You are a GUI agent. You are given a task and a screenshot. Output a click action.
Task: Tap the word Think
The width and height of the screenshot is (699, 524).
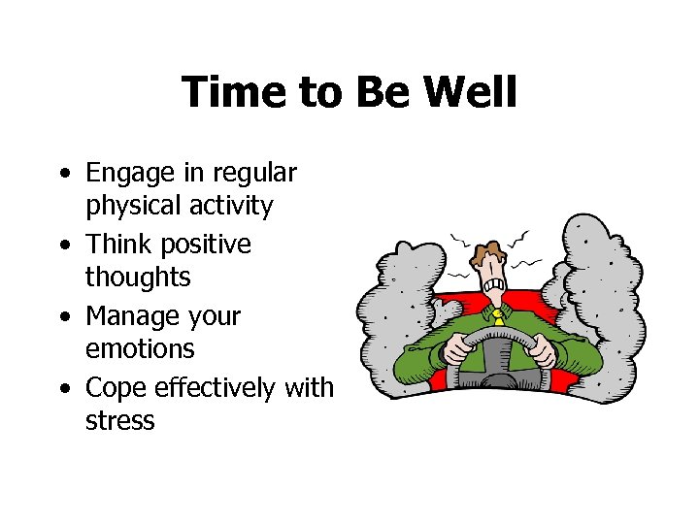coord(117,244)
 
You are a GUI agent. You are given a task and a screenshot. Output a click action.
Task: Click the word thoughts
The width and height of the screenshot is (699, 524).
coord(138,277)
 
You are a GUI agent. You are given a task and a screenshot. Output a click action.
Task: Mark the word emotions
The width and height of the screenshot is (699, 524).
coord(140,348)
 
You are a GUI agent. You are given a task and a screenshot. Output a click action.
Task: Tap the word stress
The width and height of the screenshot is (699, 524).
coord(120,421)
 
